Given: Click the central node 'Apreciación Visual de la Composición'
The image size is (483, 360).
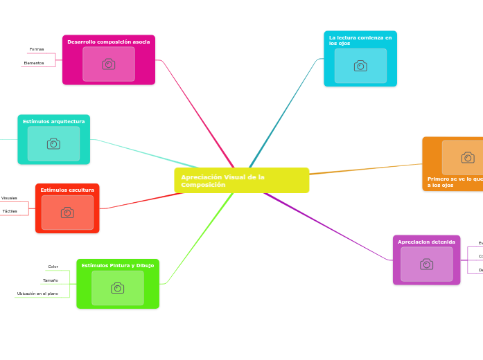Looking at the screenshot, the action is tap(241, 181).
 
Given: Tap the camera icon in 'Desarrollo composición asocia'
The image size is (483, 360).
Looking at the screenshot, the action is tap(109, 64).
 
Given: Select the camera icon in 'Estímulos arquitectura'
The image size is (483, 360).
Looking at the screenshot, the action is tap(53, 143).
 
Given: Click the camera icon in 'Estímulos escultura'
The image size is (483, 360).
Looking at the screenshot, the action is tap(67, 213).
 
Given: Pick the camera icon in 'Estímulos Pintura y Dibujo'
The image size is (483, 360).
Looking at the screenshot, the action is tap(118, 288).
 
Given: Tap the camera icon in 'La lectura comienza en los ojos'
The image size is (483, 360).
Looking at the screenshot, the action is tap(360, 66).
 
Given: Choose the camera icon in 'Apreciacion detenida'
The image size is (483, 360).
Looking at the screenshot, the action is tap(427, 264).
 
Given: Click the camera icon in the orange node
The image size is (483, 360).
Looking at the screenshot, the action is tap(468, 158).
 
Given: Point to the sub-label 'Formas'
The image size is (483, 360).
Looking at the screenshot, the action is tap(37, 49).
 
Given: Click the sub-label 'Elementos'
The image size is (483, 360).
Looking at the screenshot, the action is tap(34, 63).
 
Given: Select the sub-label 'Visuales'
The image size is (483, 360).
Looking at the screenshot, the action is tap(10, 198).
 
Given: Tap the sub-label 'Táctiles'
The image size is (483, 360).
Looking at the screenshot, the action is tap(10, 211).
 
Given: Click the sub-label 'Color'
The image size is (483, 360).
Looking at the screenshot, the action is tap(53, 267).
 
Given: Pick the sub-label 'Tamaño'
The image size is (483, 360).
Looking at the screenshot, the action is tap(51, 280).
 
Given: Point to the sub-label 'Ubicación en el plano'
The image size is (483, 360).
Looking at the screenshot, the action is tap(37, 294).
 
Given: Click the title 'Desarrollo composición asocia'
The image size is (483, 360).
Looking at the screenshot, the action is tap(109, 42).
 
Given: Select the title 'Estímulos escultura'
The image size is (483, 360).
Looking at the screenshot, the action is tap(67, 190).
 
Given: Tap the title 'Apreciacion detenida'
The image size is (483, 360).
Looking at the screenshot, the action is tap(427, 242).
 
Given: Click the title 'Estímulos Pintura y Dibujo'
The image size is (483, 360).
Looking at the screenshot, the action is tap(118, 265).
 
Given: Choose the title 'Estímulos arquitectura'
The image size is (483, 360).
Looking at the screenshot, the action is tap(53, 121).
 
